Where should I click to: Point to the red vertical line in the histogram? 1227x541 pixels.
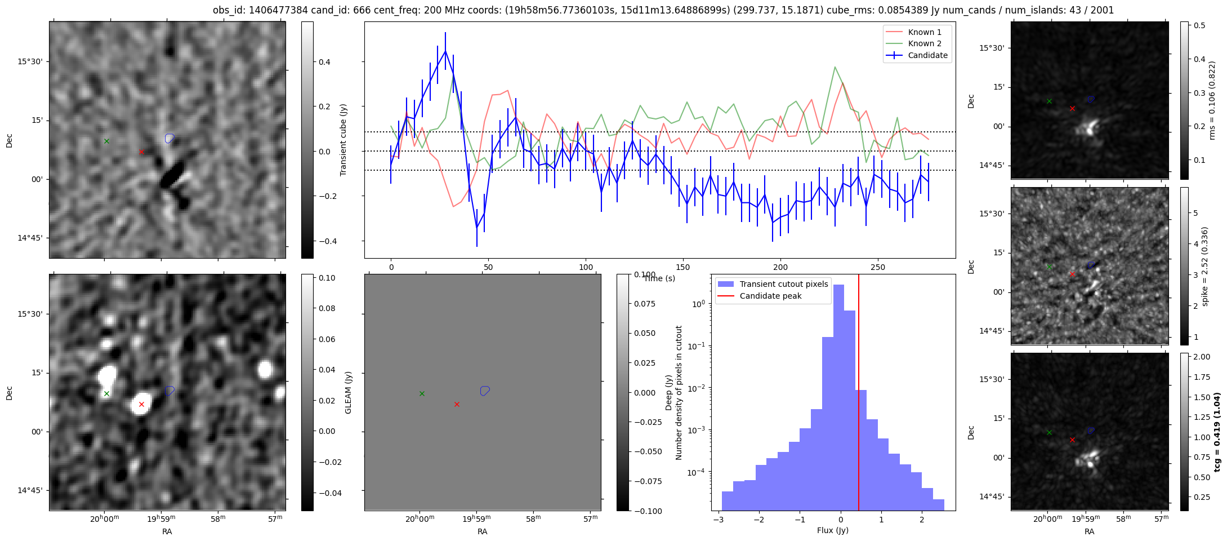coord(859,394)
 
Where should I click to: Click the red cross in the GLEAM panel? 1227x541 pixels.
coord(141,404)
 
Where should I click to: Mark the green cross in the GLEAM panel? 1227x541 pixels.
coord(106,393)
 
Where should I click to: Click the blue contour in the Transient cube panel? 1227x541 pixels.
coord(169,138)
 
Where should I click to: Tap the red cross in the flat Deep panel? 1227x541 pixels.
coord(457,404)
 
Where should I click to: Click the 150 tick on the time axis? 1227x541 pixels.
coord(683,267)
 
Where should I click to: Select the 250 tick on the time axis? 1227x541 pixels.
coord(877,267)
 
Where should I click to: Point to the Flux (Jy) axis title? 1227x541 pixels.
coord(832,530)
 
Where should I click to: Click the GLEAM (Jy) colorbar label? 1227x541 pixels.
coord(348,393)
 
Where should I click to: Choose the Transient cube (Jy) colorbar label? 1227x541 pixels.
coord(343,140)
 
